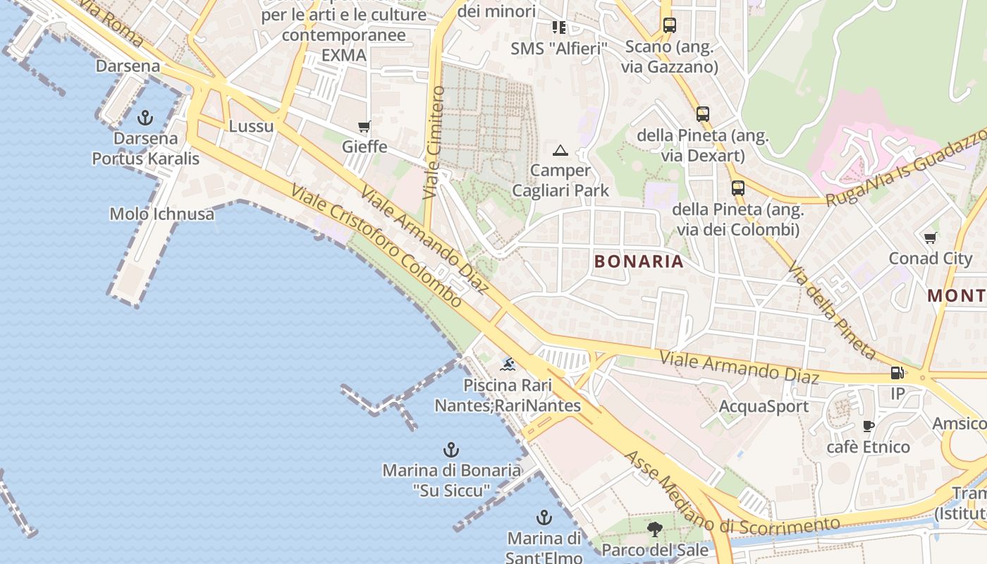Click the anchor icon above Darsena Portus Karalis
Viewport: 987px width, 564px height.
point(145,117)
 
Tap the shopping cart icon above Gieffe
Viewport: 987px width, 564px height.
point(364,127)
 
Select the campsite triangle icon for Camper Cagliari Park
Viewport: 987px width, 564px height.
point(560,150)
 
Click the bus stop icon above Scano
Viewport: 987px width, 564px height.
point(669,25)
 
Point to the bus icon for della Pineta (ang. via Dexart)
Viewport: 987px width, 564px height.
point(703,114)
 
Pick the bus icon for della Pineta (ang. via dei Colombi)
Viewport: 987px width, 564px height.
point(738,188)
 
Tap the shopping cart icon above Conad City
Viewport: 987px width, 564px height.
point(931,238)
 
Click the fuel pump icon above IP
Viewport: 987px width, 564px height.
point(897,373)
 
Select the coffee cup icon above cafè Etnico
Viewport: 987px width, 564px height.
point(869,426)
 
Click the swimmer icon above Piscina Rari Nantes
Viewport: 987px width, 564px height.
point(508,364)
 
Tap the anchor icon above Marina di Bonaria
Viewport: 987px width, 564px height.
point(451,450)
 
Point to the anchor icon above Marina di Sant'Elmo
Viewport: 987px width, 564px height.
point(544,517)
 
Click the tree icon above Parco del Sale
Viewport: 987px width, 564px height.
point(655,529)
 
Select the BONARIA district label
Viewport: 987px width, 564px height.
point(639,262)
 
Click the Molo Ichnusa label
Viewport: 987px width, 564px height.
point(162,214)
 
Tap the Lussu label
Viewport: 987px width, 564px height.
point(251,127)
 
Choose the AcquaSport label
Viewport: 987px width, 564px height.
point(764,407)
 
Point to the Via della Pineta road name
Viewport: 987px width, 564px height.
point(833,311)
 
